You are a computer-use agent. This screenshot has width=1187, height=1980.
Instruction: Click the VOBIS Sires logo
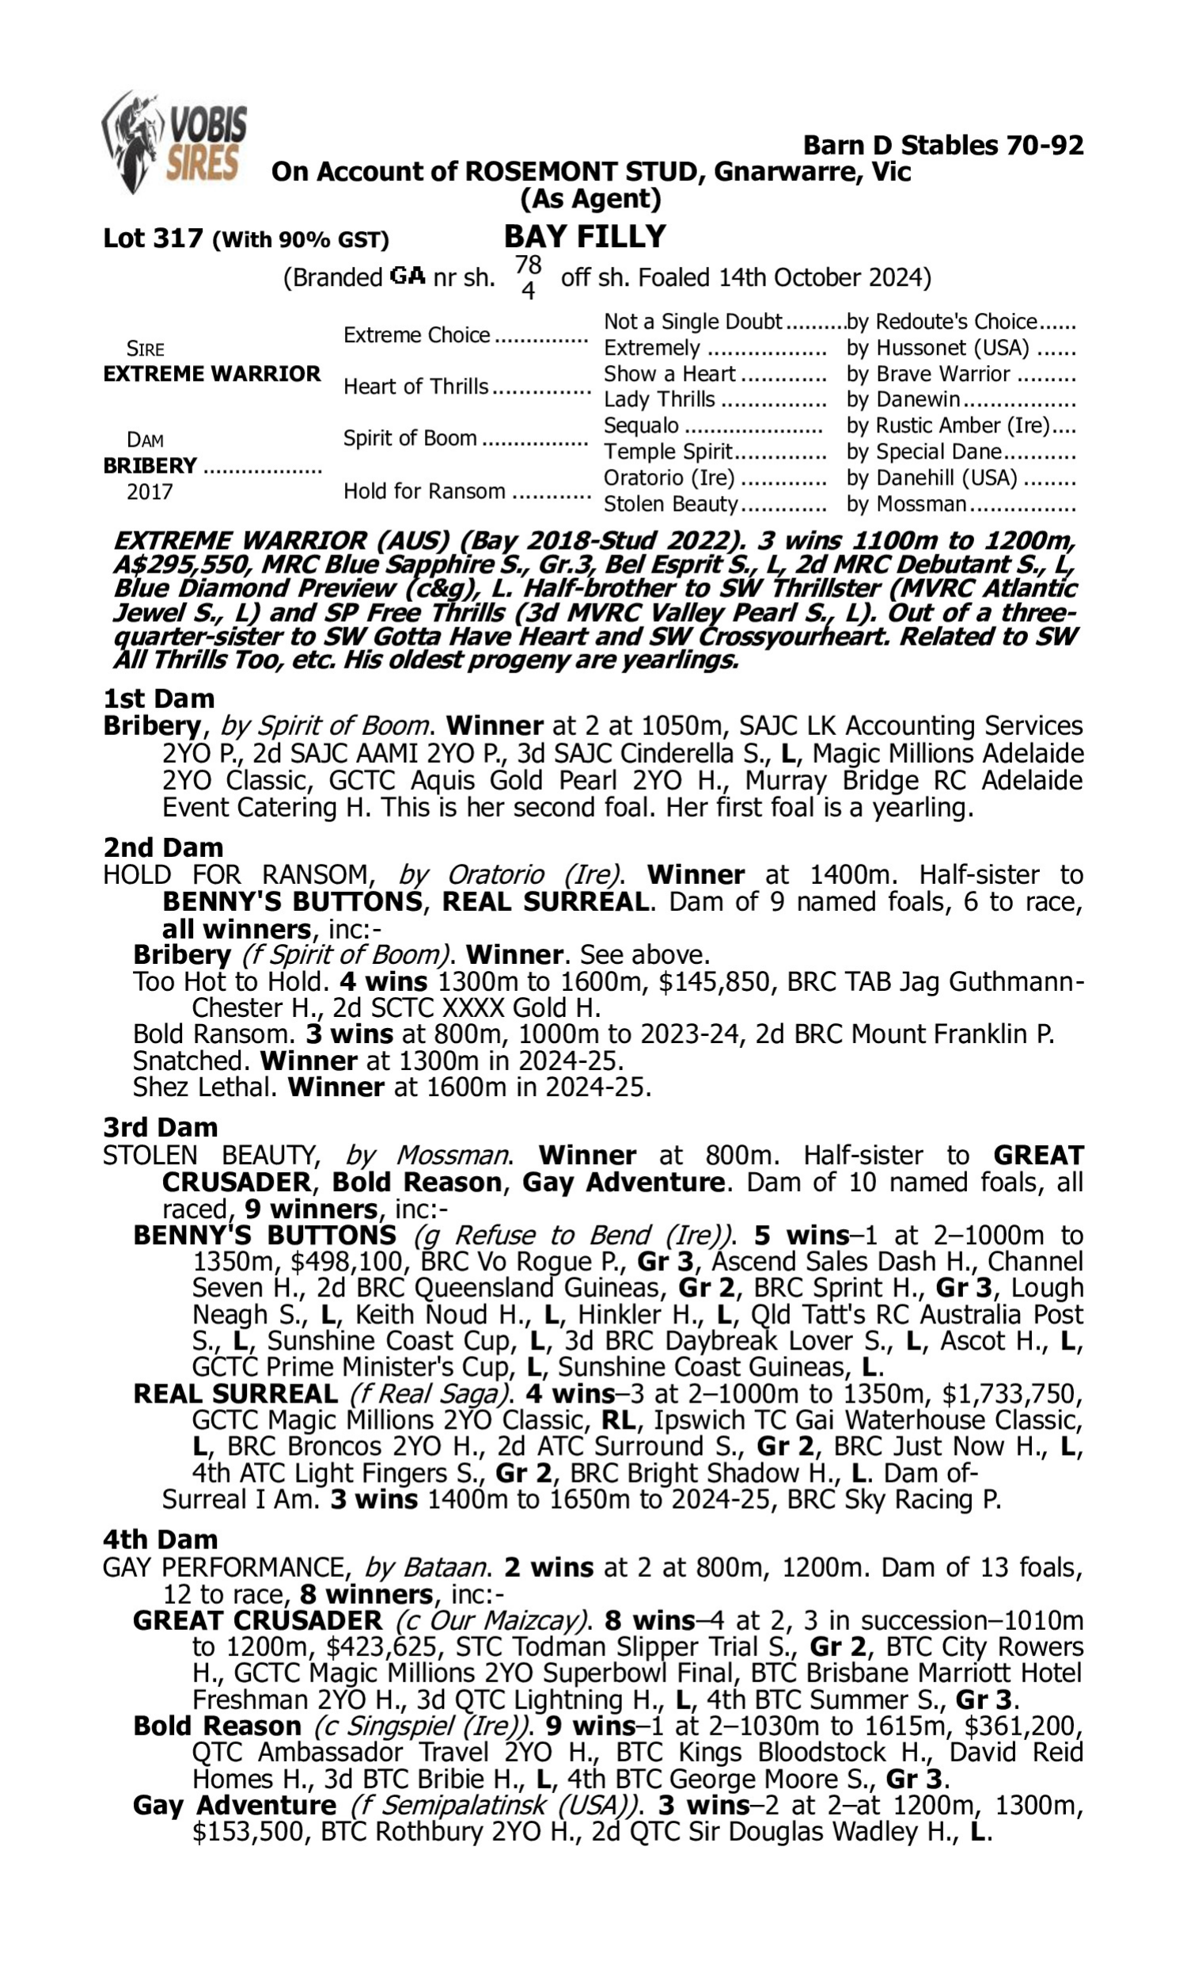174,142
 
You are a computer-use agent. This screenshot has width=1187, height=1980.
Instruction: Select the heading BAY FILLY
585,237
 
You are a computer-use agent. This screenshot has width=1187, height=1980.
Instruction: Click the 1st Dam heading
158,699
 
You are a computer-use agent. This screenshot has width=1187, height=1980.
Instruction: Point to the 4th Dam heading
160,1539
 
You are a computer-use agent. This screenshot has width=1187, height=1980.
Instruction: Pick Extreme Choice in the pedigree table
417,334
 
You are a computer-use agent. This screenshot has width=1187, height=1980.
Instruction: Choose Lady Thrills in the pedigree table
659,399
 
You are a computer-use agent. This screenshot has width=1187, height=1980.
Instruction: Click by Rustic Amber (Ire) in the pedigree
949,426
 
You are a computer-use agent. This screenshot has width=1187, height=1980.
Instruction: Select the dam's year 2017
150,492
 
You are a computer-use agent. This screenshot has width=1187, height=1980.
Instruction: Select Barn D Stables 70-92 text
943,145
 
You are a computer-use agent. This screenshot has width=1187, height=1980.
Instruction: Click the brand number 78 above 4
528,264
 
